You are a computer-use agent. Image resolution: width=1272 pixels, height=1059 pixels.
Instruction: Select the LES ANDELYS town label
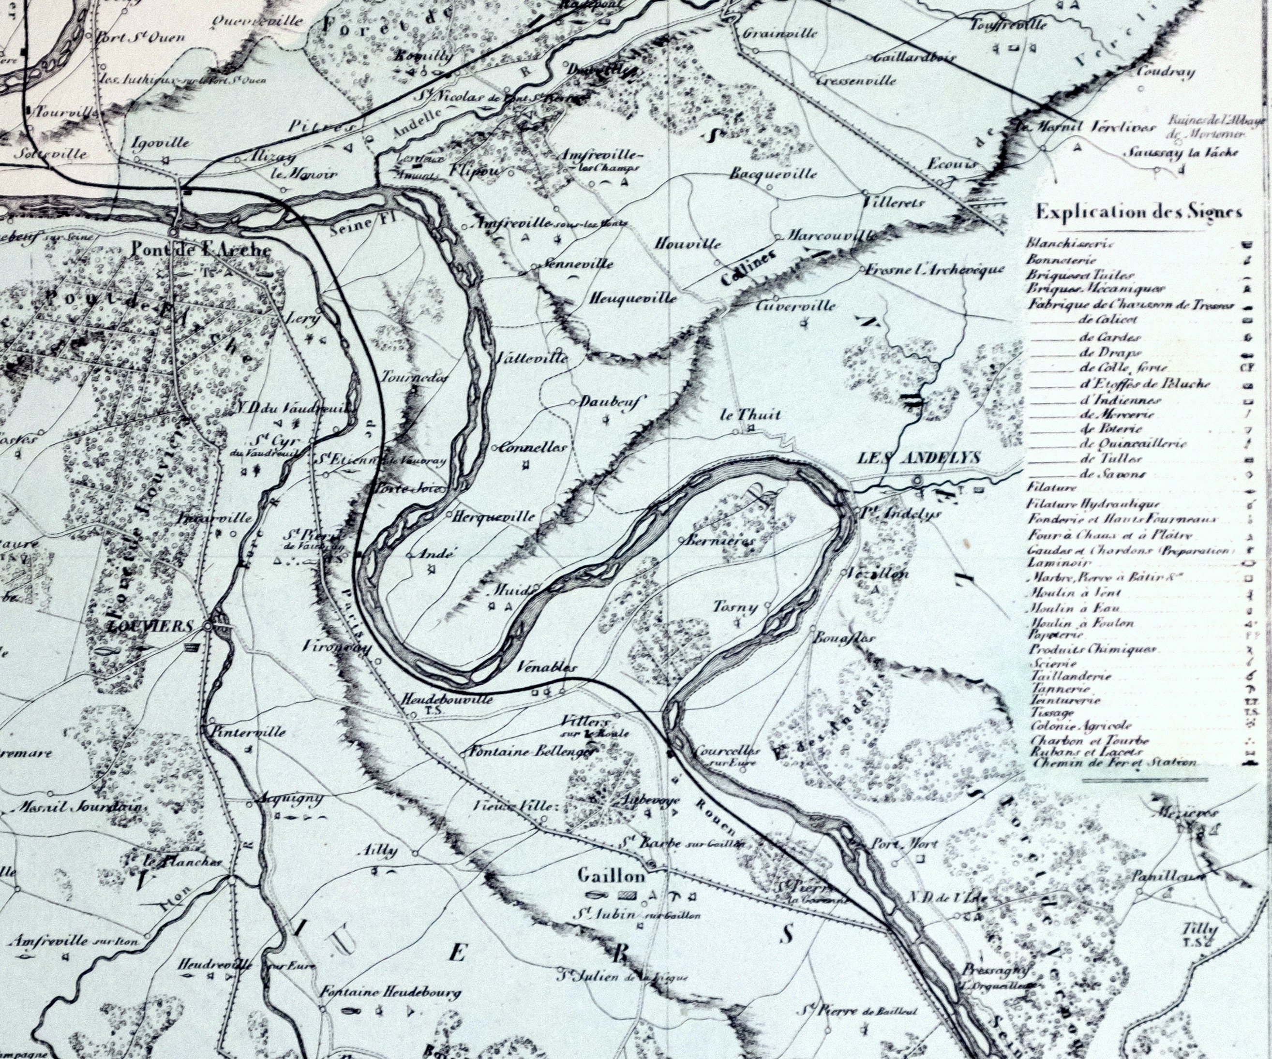click(x=918, y=458)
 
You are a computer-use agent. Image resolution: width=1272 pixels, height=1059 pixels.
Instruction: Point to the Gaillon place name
click(x=612, y=876)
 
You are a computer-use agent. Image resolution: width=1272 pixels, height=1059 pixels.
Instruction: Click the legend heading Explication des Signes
click(x=1139, y=212)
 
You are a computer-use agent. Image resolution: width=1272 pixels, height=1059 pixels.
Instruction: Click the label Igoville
click(x=161, y=144)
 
